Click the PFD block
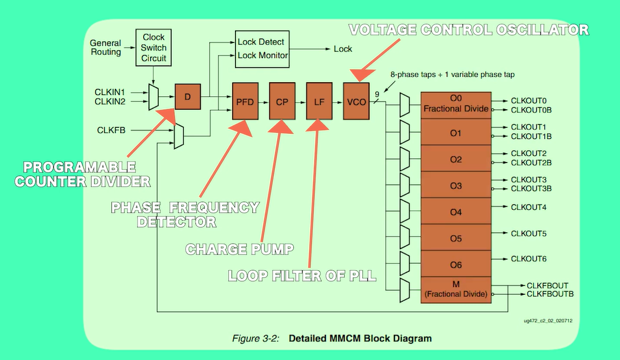[x=245, y=101]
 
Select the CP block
[x=282, y=101]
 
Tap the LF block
[x=319, y=101]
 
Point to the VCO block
[x=356, y=101]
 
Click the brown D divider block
[x=188, y=97]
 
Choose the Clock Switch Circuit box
[x=153, y=48]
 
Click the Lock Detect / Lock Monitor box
[x=262, y=48]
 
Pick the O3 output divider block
[x=456, y=185]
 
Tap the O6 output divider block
[x=456, y=265]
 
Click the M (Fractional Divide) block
[x=456, y=290]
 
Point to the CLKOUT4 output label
[x=529, y=207]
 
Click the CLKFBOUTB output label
[x=550, y=294]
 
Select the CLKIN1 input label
[x=110, y=92]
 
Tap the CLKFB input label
[x=112, y=131]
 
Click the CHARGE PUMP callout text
[x=240, y=249]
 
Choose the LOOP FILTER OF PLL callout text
[x=302, y=275]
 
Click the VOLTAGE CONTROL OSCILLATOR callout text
[x=468, y=29]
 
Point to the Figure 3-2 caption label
[x=256, y=338]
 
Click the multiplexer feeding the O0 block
[x=405, y=104]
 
